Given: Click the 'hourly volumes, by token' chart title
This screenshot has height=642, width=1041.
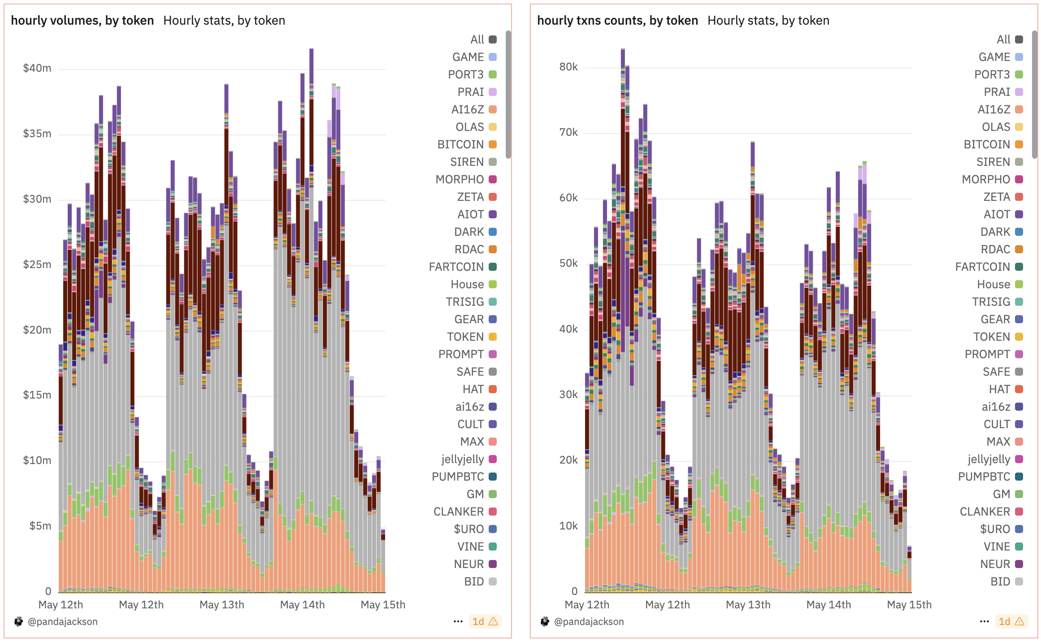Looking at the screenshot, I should point(82,21).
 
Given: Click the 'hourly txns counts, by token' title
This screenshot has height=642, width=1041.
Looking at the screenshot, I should point(617,21).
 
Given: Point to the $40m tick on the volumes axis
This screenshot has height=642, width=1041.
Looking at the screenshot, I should point(37,68).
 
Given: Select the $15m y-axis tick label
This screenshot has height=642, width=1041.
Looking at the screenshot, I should point(37,395).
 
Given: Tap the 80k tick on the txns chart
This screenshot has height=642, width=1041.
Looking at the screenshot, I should point(568,67).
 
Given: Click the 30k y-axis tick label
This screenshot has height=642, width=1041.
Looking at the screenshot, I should point(568,395).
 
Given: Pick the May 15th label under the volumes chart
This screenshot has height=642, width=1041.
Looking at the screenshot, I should point(382,605).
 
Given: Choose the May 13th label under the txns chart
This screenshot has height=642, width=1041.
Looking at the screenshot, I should point(748,605).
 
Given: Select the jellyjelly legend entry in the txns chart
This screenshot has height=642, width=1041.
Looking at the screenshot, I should point(989,459).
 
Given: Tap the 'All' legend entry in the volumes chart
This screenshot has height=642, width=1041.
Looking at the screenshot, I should point(477,39).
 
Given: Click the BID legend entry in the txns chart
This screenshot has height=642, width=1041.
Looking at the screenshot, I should point(1000,581).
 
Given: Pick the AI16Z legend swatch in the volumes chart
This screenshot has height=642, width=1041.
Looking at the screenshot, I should point(493,109).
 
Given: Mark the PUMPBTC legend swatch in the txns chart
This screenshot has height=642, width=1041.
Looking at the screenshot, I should point(1019,477).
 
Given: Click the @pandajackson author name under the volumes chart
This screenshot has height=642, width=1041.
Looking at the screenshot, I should point(62,621).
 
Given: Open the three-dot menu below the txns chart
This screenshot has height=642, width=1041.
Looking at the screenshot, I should point(984,621).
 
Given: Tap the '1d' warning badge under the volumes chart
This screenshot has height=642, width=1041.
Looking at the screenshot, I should point(485,621).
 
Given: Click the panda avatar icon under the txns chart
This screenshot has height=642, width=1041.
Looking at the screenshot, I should point(545,621).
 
